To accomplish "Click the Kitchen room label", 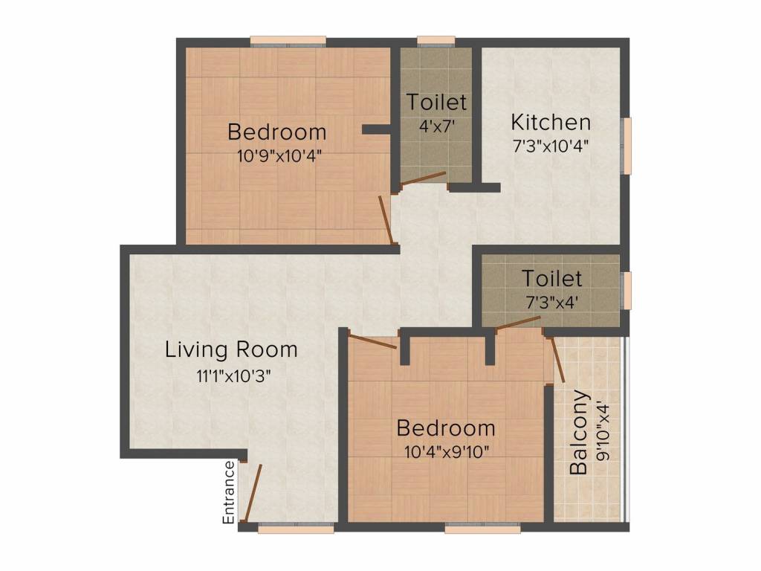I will coord(551,122).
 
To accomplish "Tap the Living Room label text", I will coord(231,349).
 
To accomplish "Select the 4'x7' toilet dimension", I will coord(436,126).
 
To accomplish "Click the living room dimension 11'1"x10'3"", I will coord(231,375).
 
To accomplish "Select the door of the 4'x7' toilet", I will coord(423,178).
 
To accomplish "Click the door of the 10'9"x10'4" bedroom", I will coord(386,219).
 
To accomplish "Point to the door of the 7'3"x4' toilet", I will coord(519,322).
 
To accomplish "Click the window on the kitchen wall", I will coord(628,145).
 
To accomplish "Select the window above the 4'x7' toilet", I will coord(436,42).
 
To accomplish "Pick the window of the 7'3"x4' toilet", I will coord(628,290).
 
